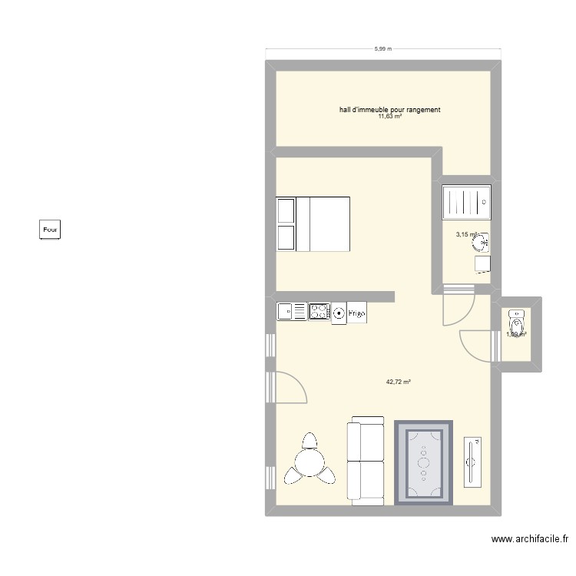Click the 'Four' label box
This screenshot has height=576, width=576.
coord(50,229)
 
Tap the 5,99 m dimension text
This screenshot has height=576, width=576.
coord(383,49)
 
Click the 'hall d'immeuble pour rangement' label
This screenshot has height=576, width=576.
coord(389,110)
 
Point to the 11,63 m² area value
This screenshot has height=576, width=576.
coord(389,117)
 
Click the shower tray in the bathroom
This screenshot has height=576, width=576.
coord(467,202)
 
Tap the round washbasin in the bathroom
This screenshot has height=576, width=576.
coord(483,243)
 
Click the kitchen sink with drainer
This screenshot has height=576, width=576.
coord(292,312)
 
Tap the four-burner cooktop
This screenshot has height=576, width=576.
coord(319,312)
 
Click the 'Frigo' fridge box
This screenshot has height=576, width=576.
coord(357,313)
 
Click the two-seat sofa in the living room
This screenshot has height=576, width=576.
coord(366,461)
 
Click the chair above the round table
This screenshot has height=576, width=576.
coord(310,442)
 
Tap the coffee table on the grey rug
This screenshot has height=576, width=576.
coord(424,462)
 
